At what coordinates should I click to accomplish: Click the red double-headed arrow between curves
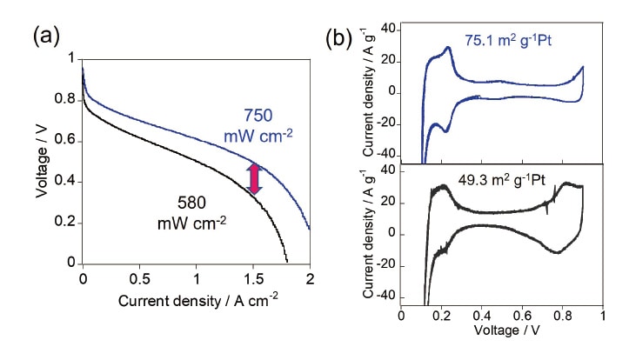pos(254,177)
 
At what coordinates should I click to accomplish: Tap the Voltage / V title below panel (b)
pos(502,330)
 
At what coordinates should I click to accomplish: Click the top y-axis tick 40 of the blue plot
pos(387,30)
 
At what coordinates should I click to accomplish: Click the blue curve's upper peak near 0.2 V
pos(447,47)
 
